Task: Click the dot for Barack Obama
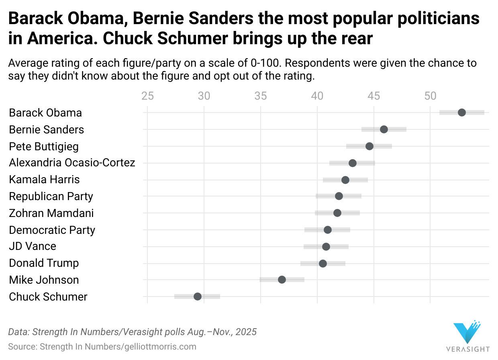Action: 461,112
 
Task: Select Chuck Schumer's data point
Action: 197,297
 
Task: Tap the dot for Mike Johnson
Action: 282,280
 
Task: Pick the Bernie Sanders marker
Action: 384,129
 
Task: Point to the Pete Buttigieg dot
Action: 369,146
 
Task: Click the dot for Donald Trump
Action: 322,264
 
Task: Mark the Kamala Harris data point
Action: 345,180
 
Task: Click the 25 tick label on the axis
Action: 147,96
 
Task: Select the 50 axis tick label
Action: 430,96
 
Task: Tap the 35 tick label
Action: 261,96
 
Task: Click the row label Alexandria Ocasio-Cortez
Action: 72,163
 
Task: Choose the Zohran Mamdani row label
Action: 51,213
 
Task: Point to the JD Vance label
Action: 33,246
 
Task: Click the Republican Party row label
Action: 51,196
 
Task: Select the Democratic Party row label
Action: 52,230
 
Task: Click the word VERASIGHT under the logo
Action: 468,348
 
